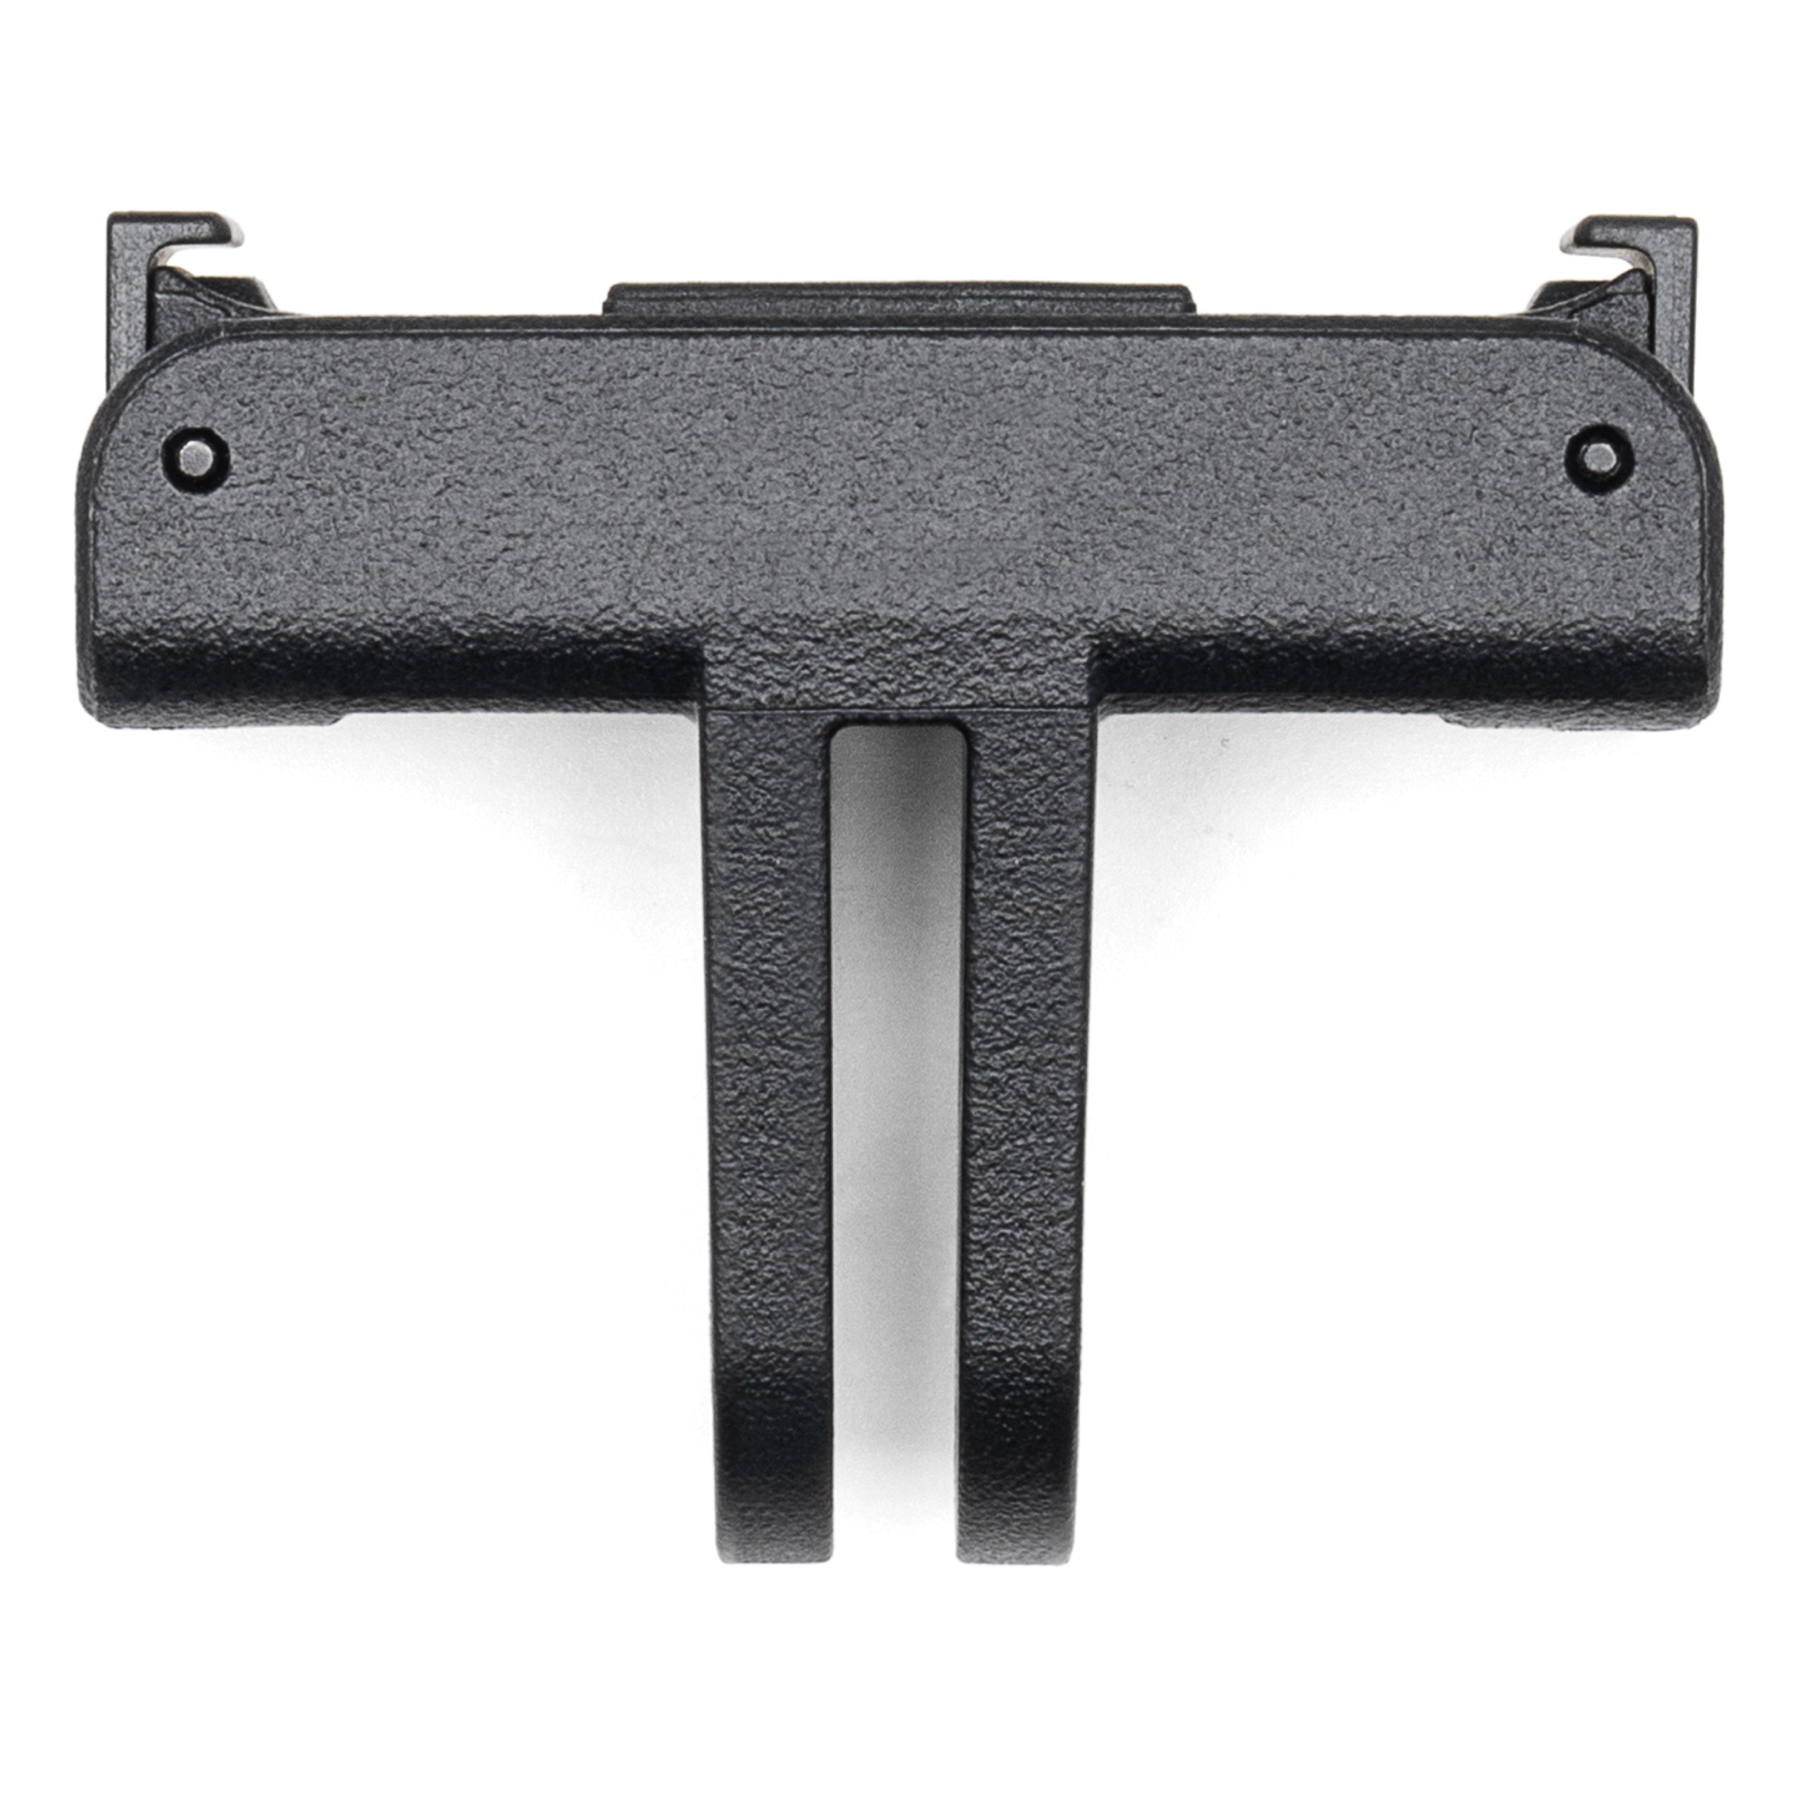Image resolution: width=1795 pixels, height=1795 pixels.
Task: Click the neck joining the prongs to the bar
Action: tap(897, 678)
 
